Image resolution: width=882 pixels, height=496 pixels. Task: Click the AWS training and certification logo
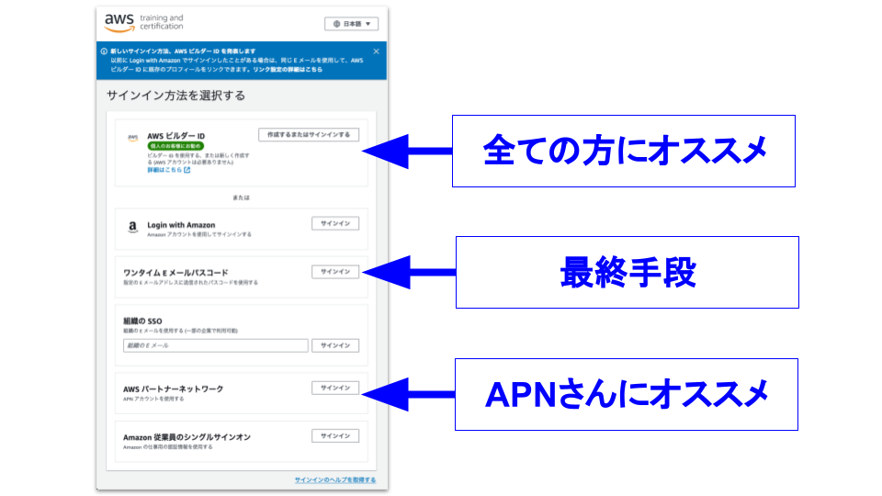tap(143, 22)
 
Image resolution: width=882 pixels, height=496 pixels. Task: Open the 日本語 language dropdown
tap(351, 24)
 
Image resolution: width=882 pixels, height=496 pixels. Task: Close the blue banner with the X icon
tap(376, 51)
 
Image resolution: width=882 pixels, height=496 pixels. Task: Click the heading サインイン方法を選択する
tap(175, 95)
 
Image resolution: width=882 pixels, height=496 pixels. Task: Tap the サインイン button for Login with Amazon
tap(334, 223)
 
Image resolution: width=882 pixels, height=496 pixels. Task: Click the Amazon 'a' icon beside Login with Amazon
tap(132, 228)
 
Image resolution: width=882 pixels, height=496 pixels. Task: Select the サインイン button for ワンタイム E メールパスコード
tap(334, 272)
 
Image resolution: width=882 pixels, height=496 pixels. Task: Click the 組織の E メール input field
tap(215, 345)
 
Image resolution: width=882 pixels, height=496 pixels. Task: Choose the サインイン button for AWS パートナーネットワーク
tap(334, 388)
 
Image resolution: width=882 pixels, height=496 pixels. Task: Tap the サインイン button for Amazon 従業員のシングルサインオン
tap(334, 435)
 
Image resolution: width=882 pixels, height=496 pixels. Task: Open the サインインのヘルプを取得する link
tap(334, 480)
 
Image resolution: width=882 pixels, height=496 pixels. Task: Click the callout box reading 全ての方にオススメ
tap(624, 151)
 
